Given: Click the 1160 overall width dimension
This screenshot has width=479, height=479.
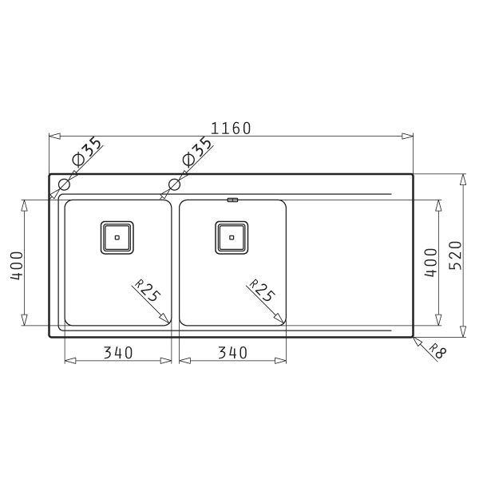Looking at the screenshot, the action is (231, 129).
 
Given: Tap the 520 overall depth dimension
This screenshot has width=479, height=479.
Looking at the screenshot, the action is (456, 255).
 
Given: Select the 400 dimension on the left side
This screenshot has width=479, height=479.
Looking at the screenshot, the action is (17, 266).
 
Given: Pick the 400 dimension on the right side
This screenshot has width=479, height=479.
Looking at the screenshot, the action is (431, 263).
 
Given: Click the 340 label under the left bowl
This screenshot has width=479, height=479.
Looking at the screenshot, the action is (118, 353).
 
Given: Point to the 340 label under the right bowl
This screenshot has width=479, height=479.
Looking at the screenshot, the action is (232, 353).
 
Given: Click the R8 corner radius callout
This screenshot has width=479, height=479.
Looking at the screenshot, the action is (437, 350).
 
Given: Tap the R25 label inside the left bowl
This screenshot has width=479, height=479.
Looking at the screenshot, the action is (148, 291).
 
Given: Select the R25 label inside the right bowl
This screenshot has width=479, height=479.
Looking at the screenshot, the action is (262, 291).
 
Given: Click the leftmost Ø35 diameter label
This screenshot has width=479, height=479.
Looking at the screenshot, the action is (86, 152).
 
